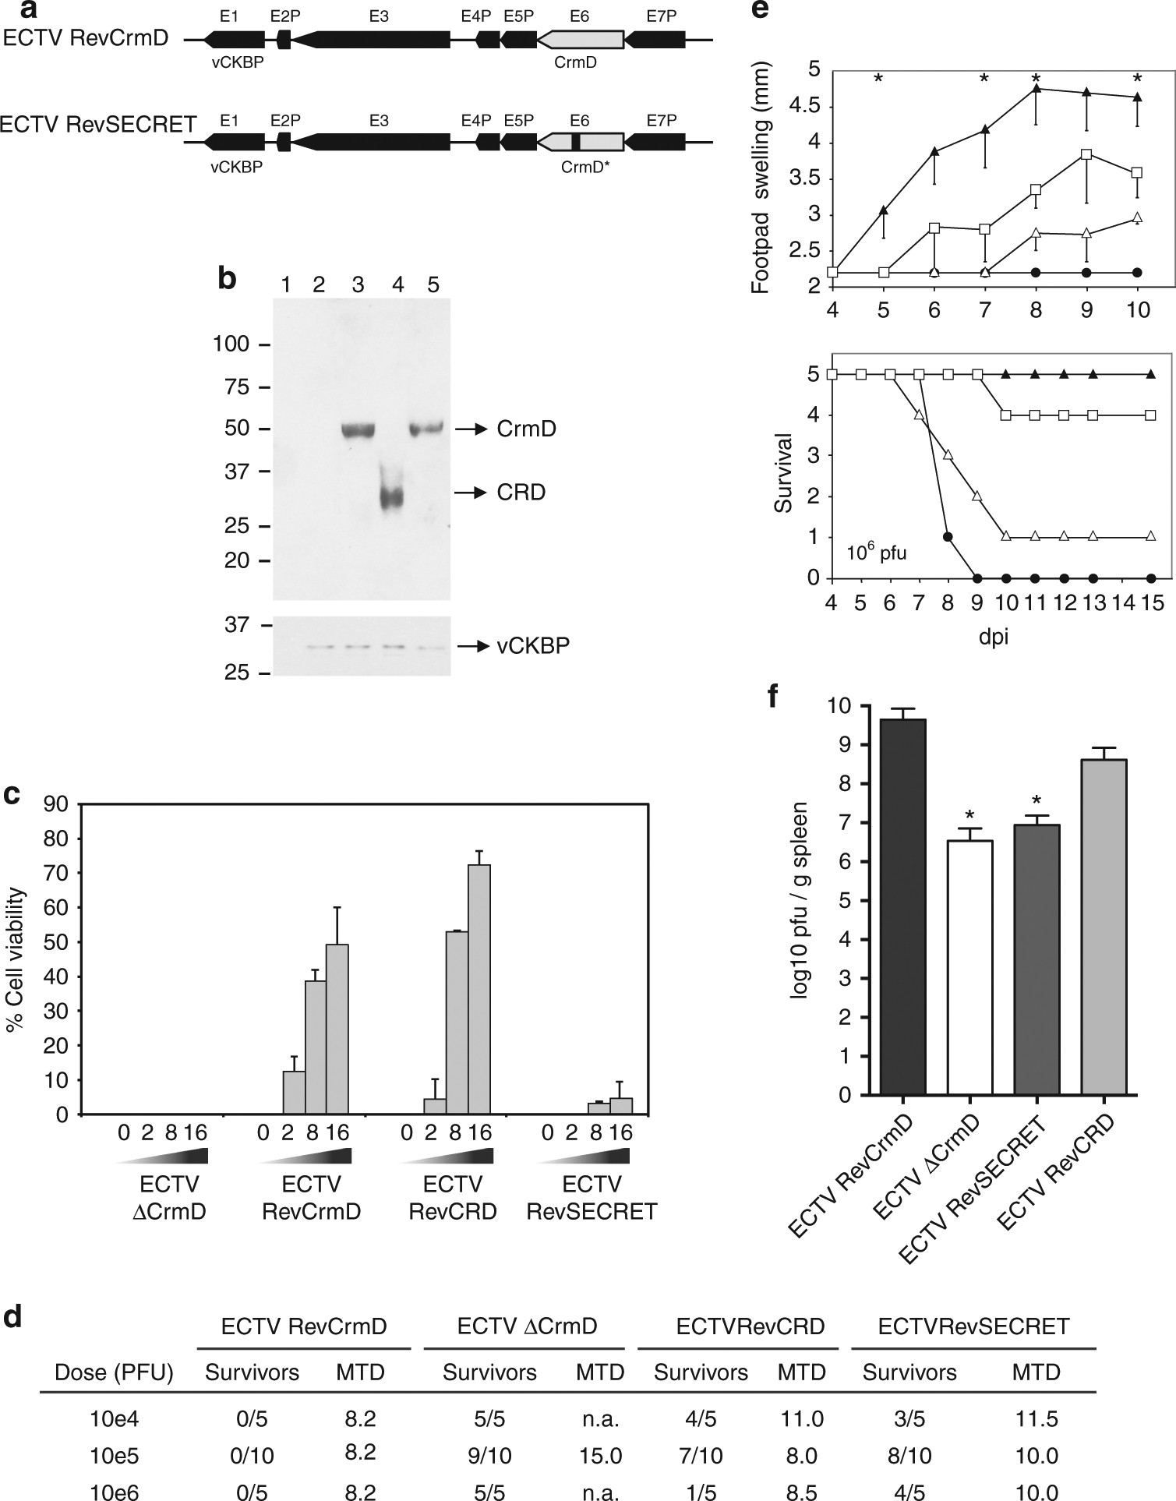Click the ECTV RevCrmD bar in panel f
click(x=902, y=906)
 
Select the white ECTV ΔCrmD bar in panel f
click(x=969, y=967)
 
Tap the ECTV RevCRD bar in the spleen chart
click(x=1104, y=927)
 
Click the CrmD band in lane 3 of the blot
click(x=358, y=430)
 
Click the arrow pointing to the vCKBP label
click(x=478, y=646)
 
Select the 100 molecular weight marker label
click(x=231, y=344)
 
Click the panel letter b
click(x=228, y=278)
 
